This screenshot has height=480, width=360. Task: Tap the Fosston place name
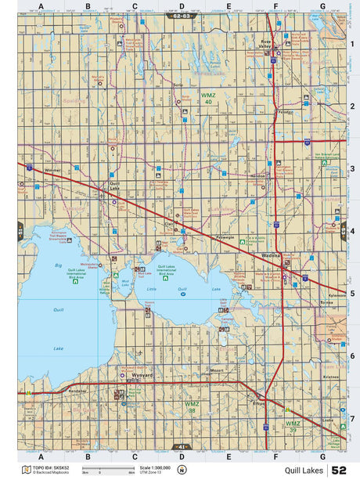(x=286, y=111)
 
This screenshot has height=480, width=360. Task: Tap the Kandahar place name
(x=78, y=389)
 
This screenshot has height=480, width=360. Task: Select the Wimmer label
(x=52, y=170)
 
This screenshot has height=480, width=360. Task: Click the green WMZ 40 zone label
(x=207, y=99)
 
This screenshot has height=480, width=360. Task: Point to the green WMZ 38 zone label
(x=190, y=407)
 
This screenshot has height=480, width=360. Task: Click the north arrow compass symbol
(x=182, y=470)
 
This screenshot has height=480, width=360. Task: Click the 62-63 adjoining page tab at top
(x=181, y=16)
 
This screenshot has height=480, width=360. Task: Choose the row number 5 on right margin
(x=352, y=294)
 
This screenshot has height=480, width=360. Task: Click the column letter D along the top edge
(x=182, y=6)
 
